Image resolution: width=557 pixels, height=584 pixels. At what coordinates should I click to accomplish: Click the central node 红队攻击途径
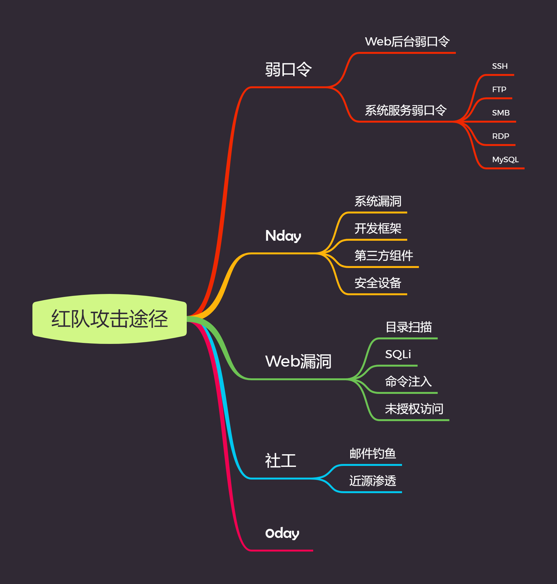(110, 319)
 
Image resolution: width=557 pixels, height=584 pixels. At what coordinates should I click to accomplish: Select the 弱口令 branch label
(288, 69)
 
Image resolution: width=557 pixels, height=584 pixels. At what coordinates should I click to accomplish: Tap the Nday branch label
(283, 236)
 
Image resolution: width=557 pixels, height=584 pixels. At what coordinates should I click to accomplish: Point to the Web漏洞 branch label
(298, 361)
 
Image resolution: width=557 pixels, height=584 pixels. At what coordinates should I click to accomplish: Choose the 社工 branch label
(280, 461)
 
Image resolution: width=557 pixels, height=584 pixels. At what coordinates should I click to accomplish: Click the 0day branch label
(282, 533)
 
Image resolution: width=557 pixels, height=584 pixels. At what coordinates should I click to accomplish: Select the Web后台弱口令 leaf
(407, 42)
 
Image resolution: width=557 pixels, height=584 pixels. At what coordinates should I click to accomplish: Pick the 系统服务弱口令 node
(406, 110)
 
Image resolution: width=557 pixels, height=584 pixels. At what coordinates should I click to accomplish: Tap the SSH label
(500, 66)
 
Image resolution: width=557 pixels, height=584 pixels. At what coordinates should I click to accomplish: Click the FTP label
(499, 90)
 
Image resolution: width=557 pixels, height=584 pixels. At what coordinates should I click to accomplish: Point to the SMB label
(501, 113)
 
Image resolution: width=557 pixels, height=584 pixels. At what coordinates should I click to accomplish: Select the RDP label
(501, 136)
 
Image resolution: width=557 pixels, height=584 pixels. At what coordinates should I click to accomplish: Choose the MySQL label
(505, 160)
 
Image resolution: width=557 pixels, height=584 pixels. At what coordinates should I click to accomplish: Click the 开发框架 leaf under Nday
(378, 228)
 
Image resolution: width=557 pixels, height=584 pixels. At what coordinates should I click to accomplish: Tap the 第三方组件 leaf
(384, 256)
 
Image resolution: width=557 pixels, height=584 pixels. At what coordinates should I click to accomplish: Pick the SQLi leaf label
(398, 354)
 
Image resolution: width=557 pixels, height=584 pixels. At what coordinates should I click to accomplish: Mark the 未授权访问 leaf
(414, 409)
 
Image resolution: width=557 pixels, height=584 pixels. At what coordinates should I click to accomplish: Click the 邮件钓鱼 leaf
(373, 454)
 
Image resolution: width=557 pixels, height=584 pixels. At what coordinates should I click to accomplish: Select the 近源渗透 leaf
(373, 481)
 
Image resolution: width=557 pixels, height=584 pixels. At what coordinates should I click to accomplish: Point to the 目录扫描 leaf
(409, 327)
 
